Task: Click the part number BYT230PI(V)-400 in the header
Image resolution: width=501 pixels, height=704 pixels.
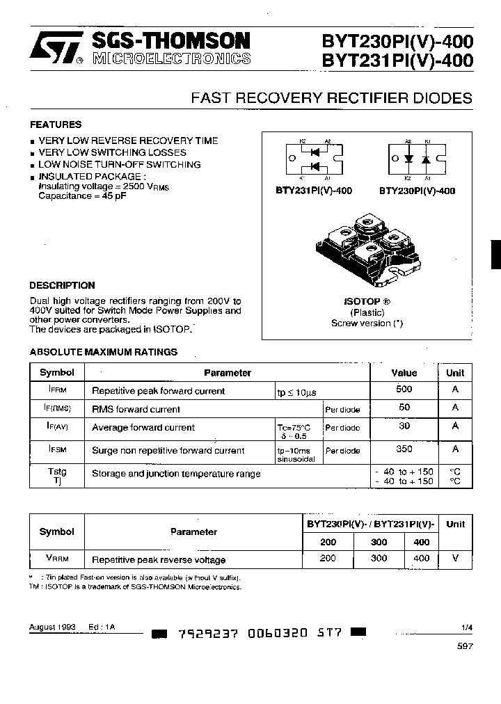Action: point(397,41)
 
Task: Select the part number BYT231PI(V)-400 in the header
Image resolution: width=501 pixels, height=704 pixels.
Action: point(397,61)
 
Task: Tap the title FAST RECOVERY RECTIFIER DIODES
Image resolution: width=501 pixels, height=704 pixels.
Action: point(331,98)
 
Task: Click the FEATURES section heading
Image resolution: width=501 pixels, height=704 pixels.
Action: point(55,125)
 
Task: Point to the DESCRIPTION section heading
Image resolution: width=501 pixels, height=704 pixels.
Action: point(62,285)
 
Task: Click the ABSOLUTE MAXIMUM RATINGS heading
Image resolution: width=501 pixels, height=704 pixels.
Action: point(103,352)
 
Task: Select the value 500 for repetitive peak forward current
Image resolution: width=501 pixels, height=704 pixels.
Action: point(404,390)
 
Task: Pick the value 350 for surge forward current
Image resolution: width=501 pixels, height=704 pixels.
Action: point(404,449)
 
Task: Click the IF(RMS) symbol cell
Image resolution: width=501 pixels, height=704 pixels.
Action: point(57,408)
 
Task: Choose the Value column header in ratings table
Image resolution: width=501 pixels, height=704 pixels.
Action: point(404,373)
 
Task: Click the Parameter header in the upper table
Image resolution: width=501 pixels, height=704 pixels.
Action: point(227,373)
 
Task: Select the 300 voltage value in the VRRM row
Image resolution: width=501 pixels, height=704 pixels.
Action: point(379,558)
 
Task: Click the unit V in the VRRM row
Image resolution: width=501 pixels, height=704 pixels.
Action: point(455,558)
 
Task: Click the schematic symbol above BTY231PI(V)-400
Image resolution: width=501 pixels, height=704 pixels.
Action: point(314,159)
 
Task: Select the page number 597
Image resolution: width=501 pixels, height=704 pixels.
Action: point(466,646)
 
